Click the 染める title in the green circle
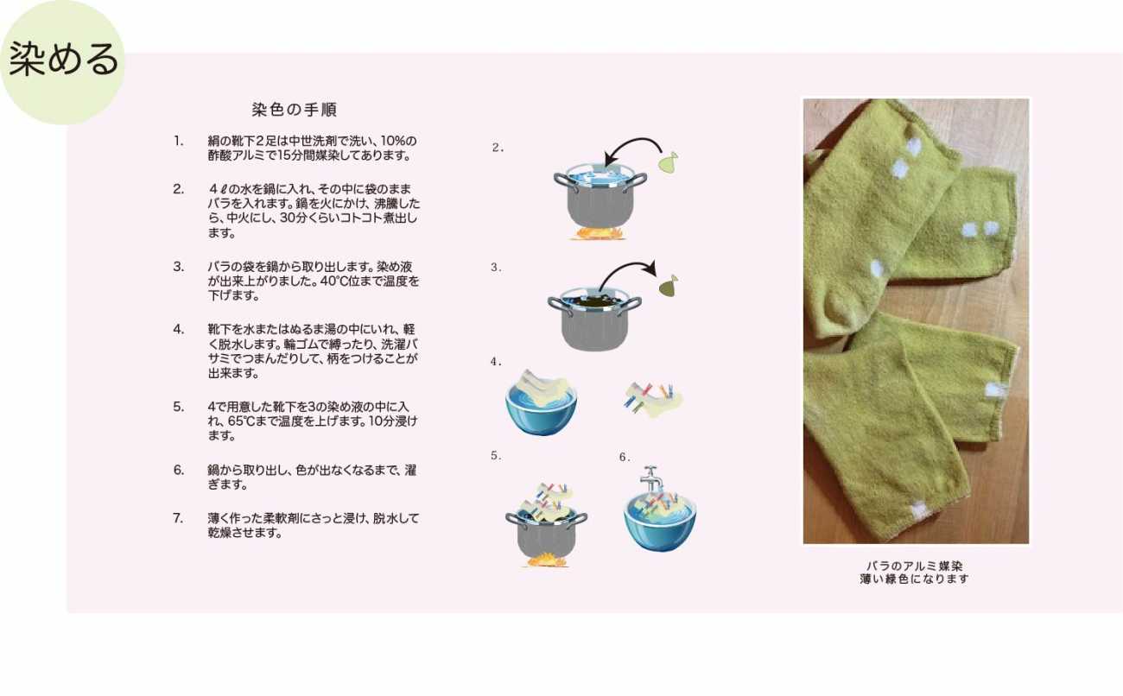click(64, 60)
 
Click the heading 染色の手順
click(295, 110)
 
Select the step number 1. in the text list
click(179, 141)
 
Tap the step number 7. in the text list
click(178, 518)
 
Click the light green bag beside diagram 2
click(669, 163)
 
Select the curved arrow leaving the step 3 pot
click(626, 273)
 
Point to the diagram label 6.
click(625, 457)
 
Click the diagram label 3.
click(496, 267)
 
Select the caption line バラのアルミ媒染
click(915, 566)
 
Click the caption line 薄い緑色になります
click(915, 579)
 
